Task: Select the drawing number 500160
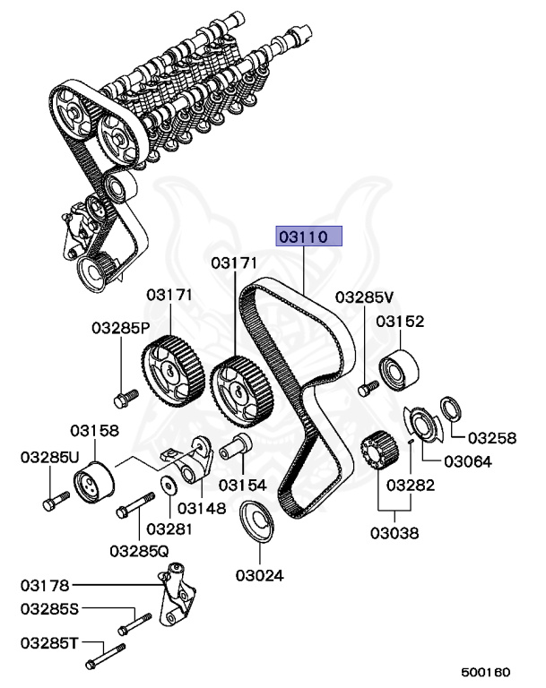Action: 485,670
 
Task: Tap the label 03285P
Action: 120,328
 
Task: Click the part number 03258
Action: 492,438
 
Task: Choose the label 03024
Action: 260,574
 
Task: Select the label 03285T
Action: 50,643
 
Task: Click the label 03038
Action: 394,533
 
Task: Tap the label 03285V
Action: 365,297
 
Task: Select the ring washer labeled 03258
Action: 450,408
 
